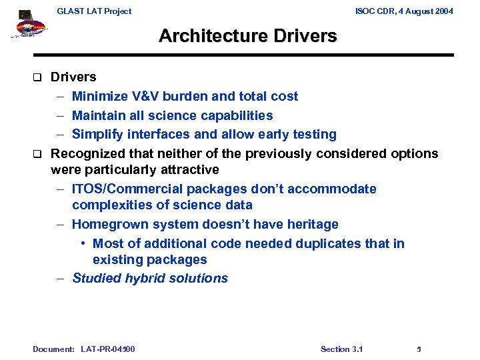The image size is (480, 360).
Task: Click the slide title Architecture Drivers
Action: point(247,36)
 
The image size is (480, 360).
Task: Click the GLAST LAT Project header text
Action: point(94,11)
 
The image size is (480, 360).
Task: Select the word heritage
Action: point(313,225)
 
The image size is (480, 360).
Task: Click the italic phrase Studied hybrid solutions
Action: point(150,279)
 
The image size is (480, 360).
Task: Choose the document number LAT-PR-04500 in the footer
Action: point(107,349)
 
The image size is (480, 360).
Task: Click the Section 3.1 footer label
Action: point(341,349)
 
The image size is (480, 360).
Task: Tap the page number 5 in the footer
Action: point(419,349)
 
